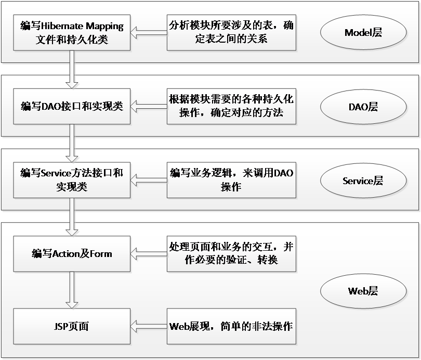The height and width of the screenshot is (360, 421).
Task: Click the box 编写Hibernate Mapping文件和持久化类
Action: tap(72, 33)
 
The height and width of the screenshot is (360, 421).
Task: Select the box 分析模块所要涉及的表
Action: tap(231, 33)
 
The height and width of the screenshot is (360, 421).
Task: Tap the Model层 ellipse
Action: tap(363, 33)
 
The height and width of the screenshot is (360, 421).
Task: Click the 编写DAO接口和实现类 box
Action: tap(72, 107)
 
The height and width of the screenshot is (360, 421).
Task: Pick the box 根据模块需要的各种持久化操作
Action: tap(231, 107)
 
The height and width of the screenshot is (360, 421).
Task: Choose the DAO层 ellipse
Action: tap(363, 107)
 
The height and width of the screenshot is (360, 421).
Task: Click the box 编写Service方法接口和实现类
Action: tap(72, 180)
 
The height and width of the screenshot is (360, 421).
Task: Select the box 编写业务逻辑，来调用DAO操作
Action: tap(231, 180)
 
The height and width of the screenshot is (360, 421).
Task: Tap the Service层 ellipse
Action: tap(363, 181)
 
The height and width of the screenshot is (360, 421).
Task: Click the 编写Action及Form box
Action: tap(72, 254)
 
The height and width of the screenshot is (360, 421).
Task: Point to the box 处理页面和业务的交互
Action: tap(231, 254)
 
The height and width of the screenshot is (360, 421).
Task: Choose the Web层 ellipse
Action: tap(363, 291)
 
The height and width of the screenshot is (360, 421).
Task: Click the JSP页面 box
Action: tap(72, 327)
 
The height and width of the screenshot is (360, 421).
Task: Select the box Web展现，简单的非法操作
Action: tap(231, 327)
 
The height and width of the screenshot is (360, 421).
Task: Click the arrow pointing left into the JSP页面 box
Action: tap(148, 327)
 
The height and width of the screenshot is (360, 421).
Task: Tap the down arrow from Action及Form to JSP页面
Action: tap(72, 290)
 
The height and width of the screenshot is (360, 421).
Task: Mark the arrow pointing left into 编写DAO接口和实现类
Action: tap(148, 107)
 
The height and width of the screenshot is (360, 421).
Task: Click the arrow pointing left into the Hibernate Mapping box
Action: tap(148, 33)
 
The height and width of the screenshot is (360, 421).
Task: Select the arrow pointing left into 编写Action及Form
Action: tap(148, 254)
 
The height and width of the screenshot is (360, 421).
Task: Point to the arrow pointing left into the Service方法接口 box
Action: tap(148, 180)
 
